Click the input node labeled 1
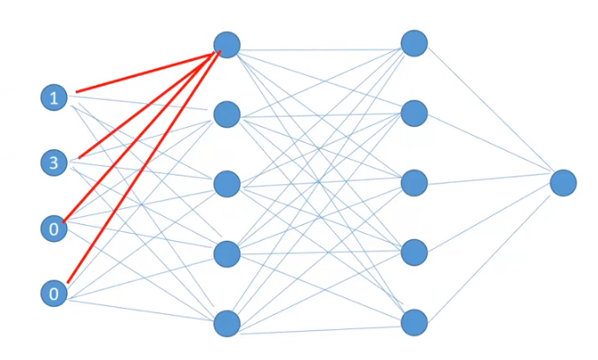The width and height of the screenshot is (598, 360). [55, 98]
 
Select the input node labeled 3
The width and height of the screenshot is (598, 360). [55, 162]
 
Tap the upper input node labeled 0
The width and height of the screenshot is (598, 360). [55, 229]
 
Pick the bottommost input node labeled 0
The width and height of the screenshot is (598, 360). [55, 294]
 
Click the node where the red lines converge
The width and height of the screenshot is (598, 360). [227, 44]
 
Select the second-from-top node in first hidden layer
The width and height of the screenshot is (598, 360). [227, 114]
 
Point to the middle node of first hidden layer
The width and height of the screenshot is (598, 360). [227, 184]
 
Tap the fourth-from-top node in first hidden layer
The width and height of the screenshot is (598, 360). [227, 253]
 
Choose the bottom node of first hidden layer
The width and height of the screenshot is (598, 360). [227, 323]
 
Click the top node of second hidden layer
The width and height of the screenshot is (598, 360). [414, 43]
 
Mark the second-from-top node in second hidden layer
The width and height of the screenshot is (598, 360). [414, 113]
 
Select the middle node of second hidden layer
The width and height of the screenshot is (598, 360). [414, 183]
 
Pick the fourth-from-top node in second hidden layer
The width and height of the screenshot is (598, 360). [414, 252]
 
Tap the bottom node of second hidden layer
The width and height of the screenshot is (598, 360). [414, 322]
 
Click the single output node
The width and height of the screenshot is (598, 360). [563, 183]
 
